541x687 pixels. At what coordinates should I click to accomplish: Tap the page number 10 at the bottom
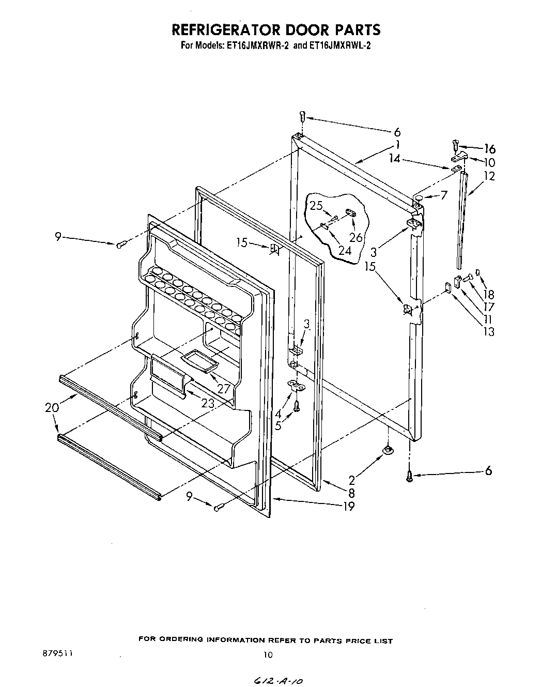pyautogui.click(x=267, y=654)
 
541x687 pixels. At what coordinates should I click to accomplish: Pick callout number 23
pyautogui.click(x=208, y=404)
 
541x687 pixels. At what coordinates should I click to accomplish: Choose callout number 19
pyautogui.click(x=349, y=506)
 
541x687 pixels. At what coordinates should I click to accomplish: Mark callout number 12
pyautogui.click(x=489, y=176)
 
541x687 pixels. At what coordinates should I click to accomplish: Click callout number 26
pyautogui.click(x=356, y=237)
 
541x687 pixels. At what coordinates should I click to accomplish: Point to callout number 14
pyautogui.click(x=395, y=159)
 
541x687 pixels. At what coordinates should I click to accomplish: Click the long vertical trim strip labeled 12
pyautogui.click(x=461, y=222)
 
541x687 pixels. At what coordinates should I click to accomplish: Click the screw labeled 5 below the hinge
pyautogui.click(x=297, y=407)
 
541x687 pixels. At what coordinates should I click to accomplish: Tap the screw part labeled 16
pyautogui.click(x=455, y=145)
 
